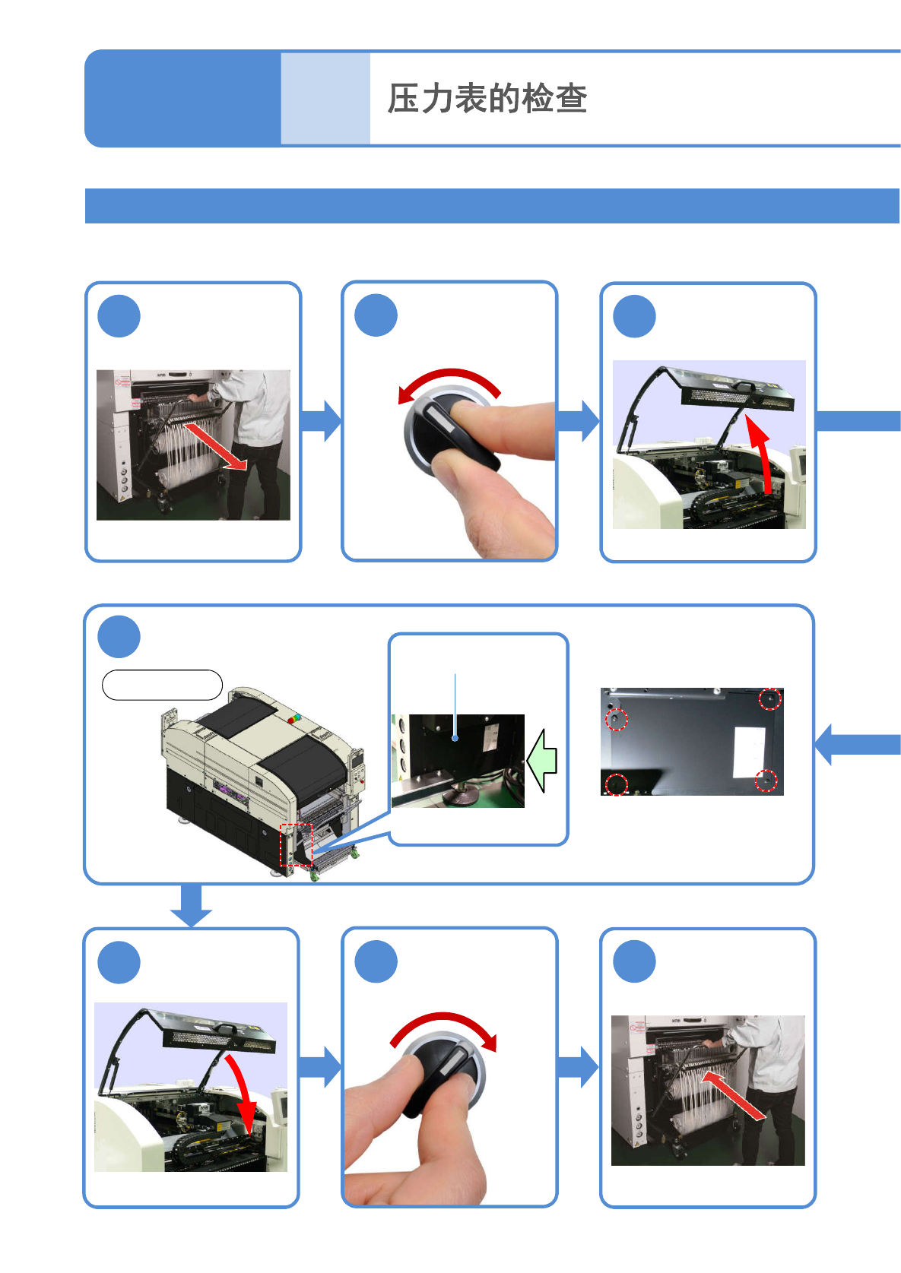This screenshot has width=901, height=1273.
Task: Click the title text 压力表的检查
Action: click(x=487, y=99)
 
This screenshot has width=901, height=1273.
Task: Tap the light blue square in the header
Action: click(x=325, y=98)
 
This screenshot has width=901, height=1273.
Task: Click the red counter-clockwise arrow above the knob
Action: click(x=449, y=380)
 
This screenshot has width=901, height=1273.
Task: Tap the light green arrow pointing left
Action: click(x=543, y=760)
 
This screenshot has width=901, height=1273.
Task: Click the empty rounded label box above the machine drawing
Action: click(x=162, y=685)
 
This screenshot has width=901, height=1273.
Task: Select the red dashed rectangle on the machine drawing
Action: click(x=297, y=844)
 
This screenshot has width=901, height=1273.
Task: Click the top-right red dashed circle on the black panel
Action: click(x=770, y=699)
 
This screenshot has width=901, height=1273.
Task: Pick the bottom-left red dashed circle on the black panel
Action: click(x=616, y=784)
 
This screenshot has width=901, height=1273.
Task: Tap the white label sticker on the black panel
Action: click(x=749, y=752)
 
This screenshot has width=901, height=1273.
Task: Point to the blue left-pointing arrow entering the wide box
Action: click(x=855, y=744)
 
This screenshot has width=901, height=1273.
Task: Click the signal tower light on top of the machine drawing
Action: click(x=293, y=718)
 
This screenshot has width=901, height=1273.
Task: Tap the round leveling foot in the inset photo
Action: click(x=458, y=796)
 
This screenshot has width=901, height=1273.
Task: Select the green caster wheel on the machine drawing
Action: click(x=314, y=876)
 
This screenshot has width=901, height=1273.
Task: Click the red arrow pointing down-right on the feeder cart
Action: click(x=216, y=447)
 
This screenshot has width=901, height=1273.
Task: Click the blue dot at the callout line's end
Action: click(x=455, y=737)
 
